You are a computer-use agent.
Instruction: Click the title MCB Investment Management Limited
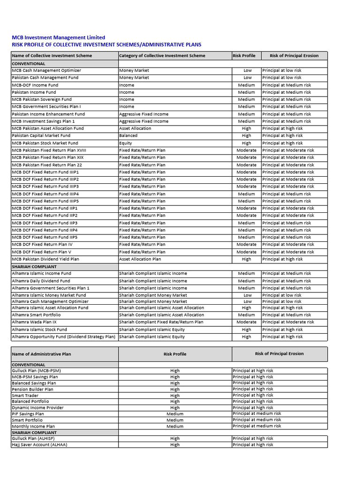point(58,37)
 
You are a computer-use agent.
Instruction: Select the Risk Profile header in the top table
point(244,56)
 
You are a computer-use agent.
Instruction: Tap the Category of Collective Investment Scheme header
point(162,56)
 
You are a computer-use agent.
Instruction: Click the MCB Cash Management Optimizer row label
point(46,70)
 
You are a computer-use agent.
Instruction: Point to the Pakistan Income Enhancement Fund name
point(48,114)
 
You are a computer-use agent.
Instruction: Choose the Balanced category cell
point(128,135)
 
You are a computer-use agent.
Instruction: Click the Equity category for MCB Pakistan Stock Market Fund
point(126,143)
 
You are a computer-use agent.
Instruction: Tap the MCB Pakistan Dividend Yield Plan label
point(45,259)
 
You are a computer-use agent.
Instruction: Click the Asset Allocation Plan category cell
point(140,259)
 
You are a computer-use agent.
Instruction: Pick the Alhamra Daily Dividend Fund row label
point(41,281)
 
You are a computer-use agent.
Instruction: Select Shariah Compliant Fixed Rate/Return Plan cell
point(161,322)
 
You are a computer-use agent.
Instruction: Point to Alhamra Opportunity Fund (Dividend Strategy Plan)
point(63,337)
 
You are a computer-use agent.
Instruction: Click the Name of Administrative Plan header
point(41,354)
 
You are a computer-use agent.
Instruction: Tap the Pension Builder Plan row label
point(32,389)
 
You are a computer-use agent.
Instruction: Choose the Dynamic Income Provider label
point(37,408)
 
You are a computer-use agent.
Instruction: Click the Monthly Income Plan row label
point(33,427)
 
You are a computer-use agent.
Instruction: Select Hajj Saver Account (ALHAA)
point(39,445)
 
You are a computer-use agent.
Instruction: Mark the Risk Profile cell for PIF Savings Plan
point(175,414)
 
